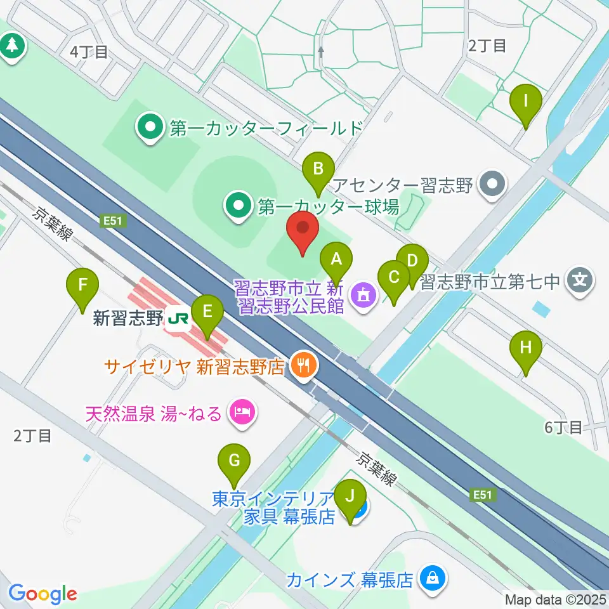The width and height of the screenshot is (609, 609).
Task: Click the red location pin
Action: click(303, 231)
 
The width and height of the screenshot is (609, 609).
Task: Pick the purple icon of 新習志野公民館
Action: click(363, 295)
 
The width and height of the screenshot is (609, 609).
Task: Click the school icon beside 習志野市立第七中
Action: click(580, 278)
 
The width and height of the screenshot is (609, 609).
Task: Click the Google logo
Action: click(43, 594)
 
